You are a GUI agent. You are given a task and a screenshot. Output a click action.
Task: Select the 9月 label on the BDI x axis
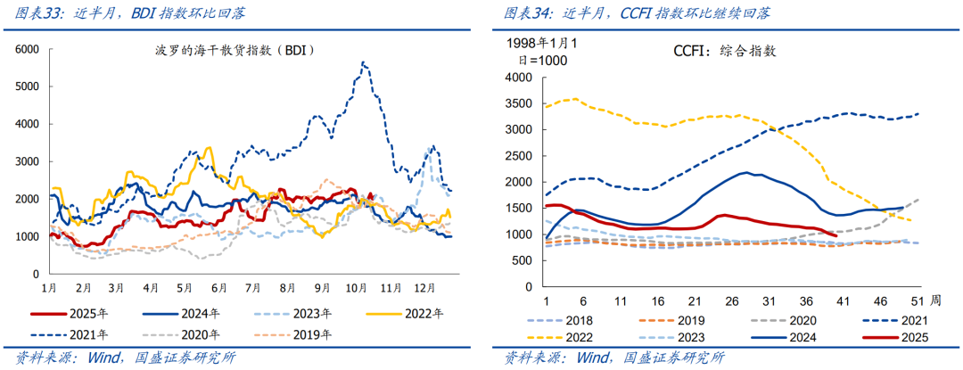pos(322,288)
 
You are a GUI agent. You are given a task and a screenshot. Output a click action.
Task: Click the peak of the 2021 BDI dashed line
pos(363,62)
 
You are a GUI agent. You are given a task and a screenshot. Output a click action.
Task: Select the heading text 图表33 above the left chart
pos(27,13)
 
